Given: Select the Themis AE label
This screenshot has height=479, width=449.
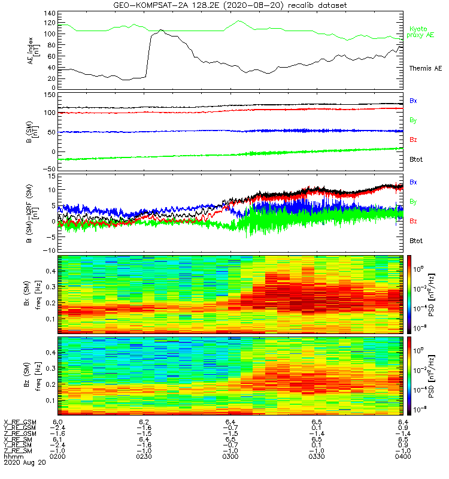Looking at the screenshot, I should click(x=424, y=68).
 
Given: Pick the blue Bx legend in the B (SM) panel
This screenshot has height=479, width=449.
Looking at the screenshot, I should click(x=413, y=101).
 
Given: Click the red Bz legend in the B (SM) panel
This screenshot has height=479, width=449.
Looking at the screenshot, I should click(x=413, y=140).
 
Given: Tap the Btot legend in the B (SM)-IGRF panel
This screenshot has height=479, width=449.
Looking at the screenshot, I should click(x=415, y=241).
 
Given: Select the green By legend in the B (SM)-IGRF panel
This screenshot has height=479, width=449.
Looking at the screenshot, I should click(x=413, y=201).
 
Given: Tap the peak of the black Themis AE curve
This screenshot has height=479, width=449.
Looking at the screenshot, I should click(x=161, y=30).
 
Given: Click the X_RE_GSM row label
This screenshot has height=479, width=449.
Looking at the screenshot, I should click(x=20, y=423).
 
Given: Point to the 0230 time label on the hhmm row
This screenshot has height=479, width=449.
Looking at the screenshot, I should click(x=144, y=456).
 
